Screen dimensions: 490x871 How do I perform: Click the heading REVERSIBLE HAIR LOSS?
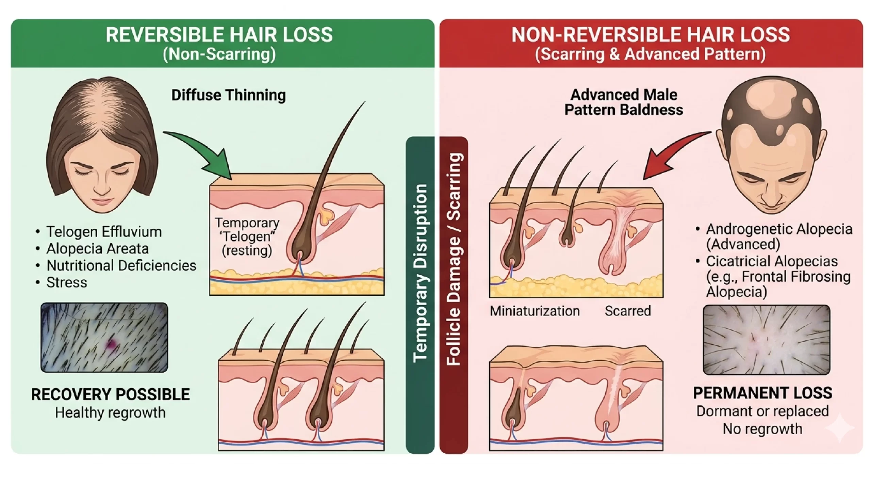219,35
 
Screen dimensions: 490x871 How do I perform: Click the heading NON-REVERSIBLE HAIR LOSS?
650,35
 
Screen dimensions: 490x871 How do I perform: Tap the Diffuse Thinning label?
228,95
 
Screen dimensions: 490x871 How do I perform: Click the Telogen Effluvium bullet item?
104,232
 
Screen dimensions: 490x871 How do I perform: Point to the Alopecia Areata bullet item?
98,249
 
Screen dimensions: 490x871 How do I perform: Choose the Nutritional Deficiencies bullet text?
121,265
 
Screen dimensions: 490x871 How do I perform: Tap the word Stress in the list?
67,282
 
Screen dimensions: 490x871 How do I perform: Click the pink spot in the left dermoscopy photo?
110,345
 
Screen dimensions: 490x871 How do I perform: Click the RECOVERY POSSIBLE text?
110,394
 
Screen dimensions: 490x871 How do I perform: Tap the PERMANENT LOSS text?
762,393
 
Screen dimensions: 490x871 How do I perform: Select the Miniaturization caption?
535,311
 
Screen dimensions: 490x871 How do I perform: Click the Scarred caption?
628,311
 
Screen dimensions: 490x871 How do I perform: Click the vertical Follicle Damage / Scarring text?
454,259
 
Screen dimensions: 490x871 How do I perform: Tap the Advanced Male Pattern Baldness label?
623,102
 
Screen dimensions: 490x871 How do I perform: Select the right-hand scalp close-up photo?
766,340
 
